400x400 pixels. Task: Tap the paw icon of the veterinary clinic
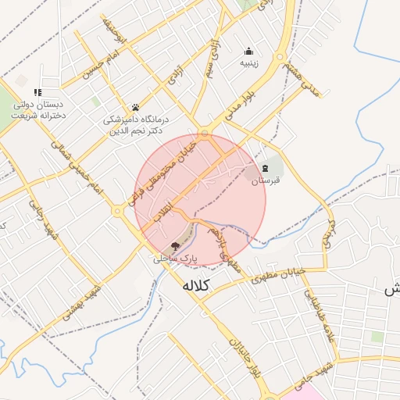[x=135, y=107]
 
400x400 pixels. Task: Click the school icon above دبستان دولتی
[x=37, y=92]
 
